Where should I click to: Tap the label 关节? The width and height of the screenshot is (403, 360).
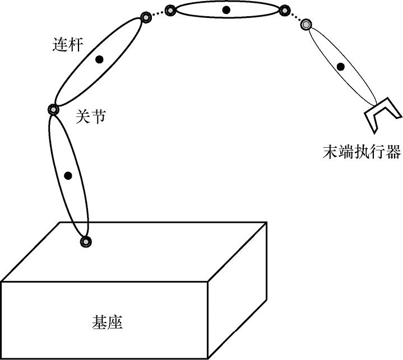90,117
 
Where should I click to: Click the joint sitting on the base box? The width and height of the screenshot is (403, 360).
86,242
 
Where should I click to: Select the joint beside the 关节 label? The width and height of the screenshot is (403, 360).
53,110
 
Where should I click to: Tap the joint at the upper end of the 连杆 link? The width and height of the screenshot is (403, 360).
146,17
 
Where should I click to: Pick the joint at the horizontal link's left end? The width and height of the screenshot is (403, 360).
170,10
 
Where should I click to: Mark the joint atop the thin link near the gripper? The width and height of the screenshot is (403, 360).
306,25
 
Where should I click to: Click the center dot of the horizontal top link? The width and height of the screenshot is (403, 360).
226,10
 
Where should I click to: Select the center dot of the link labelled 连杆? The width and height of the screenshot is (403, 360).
100,60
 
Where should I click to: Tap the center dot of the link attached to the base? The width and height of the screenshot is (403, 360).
68,176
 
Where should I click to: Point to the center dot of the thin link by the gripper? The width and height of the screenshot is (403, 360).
340,67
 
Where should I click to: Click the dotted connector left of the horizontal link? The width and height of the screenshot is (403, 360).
158,13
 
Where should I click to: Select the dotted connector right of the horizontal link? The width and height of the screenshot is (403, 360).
295,17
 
